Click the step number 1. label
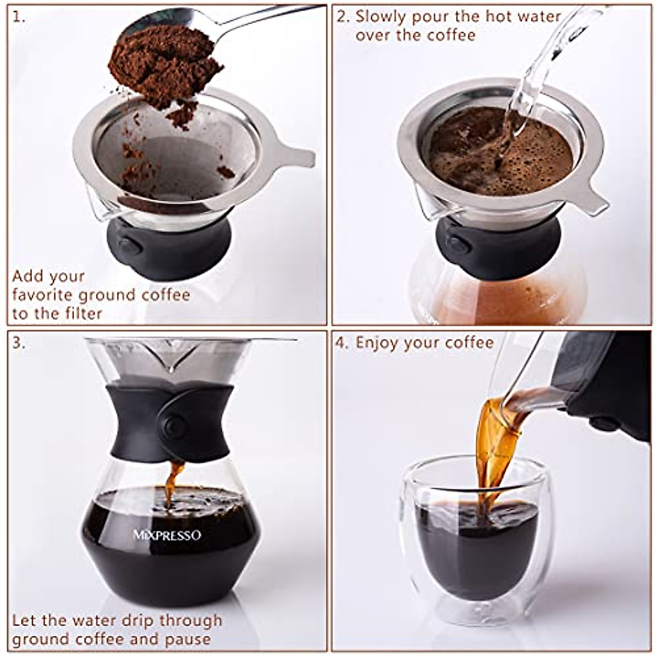19,18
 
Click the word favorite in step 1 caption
43,295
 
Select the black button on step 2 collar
459,245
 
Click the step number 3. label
19,343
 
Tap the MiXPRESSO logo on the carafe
167,535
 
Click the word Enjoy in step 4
377,343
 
